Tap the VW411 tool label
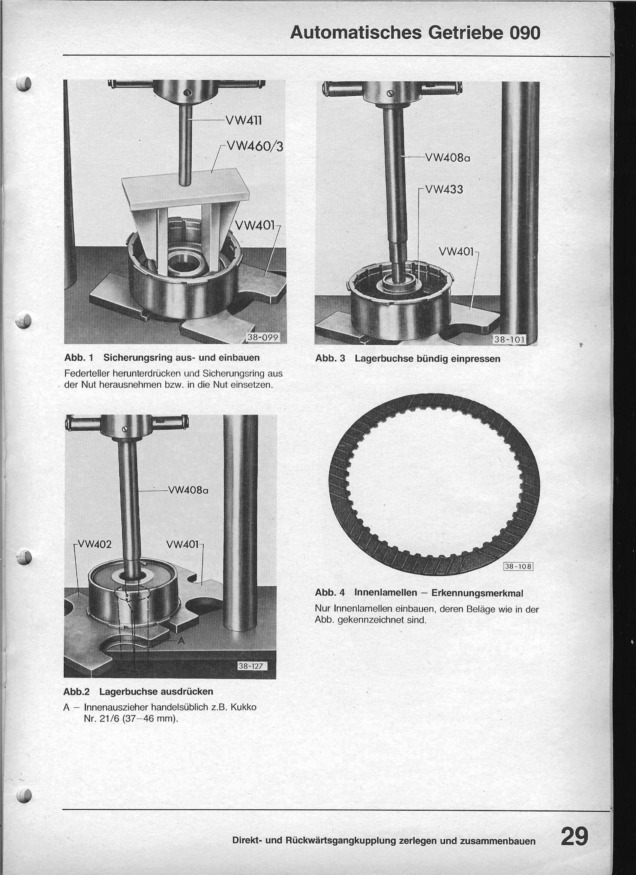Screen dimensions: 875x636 (244, 121)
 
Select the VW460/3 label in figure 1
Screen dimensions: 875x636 (255, 147)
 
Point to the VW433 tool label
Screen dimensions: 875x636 (444, 189)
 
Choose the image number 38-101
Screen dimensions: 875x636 (510, 340)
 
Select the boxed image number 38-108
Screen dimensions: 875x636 (518, 567)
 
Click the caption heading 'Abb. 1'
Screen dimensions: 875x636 (79, 358)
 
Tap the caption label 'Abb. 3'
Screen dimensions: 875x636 (330, 358)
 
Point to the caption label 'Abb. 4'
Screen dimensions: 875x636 (330, 592)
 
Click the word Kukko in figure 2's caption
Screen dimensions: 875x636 (243, 707)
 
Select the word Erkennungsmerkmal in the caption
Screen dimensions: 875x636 (477, 592)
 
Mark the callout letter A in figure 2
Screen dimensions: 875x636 (181, 641)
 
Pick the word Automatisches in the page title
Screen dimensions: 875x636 (355, 33)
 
